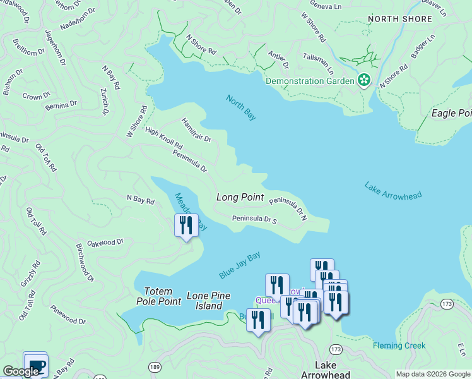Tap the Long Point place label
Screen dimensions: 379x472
pyautogui.click(x=240, y=197)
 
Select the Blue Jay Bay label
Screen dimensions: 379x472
pyautogui.click(x=240, y=265)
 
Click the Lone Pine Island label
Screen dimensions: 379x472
pyautogui.click(x=208, y=301)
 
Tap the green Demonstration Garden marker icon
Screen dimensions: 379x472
pyautogui.click(x=364, y=81)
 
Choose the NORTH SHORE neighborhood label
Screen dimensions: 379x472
pyautogui.click(x=399, y=19)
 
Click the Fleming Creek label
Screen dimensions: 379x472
pyautogui.click(x=399, y=346)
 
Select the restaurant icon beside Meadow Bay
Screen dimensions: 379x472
pyautogui.click(x=186, y=226)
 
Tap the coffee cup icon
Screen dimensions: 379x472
pyautogui.click(x=35, y=364)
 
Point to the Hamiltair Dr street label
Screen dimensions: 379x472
pyautogui.click(x=196, y=129)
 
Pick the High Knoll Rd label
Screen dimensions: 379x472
pyautogui.click(x=163, y=138)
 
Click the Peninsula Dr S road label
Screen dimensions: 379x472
pyautogui.click(x=255, y=219)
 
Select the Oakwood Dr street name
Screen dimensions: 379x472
pyautogui.click(x=106, y=242)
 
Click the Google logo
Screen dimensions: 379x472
pyautogui.click(x=21, y=371)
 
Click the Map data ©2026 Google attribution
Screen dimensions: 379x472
pyautogui.click(x=432, y=374)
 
